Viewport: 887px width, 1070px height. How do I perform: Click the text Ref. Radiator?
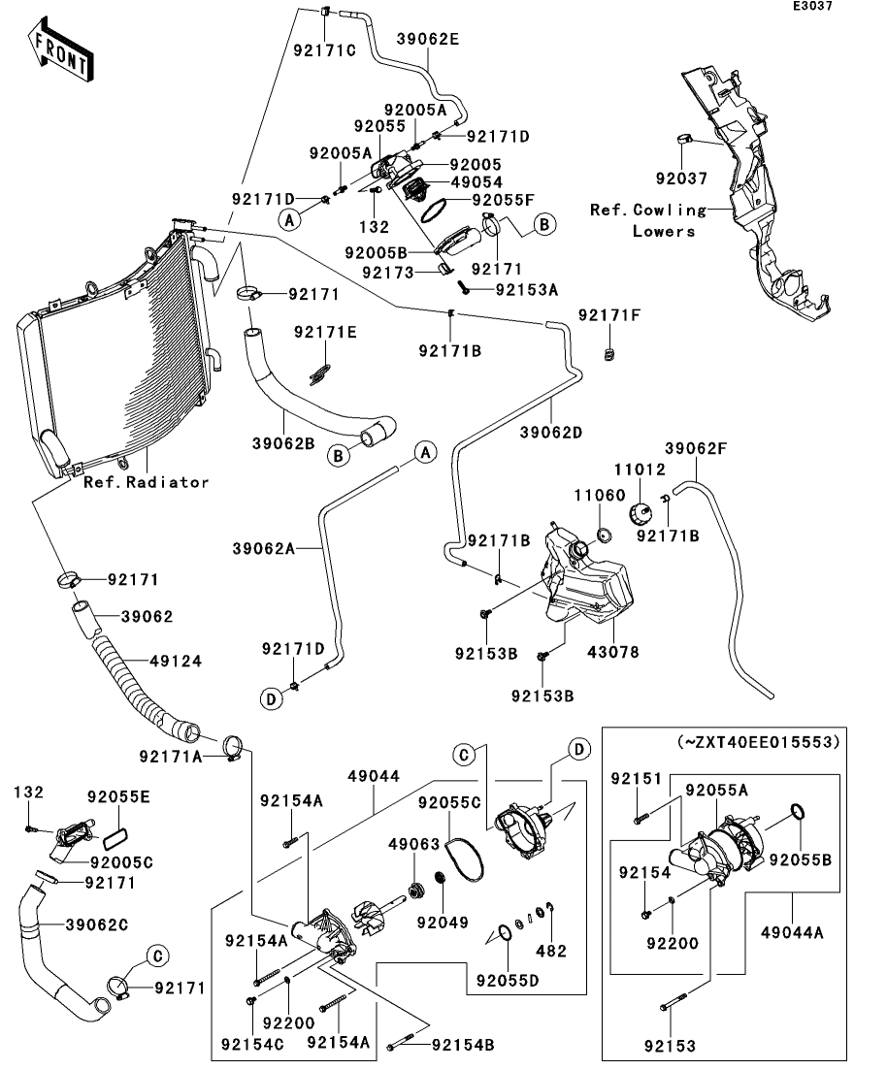pos(146,482)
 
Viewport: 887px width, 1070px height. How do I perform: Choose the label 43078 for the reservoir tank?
pos(614,653)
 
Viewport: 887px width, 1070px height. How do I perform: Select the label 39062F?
pos(696,448)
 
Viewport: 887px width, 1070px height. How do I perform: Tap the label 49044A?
pos(794,933)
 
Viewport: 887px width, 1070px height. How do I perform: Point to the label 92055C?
pos(449,803)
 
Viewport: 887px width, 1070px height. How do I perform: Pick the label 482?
pos(551,952)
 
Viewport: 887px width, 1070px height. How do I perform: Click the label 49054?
pos(476,182)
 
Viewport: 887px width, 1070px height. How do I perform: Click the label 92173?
pos(390,273)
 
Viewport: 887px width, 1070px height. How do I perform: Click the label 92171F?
pos(608,315)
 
